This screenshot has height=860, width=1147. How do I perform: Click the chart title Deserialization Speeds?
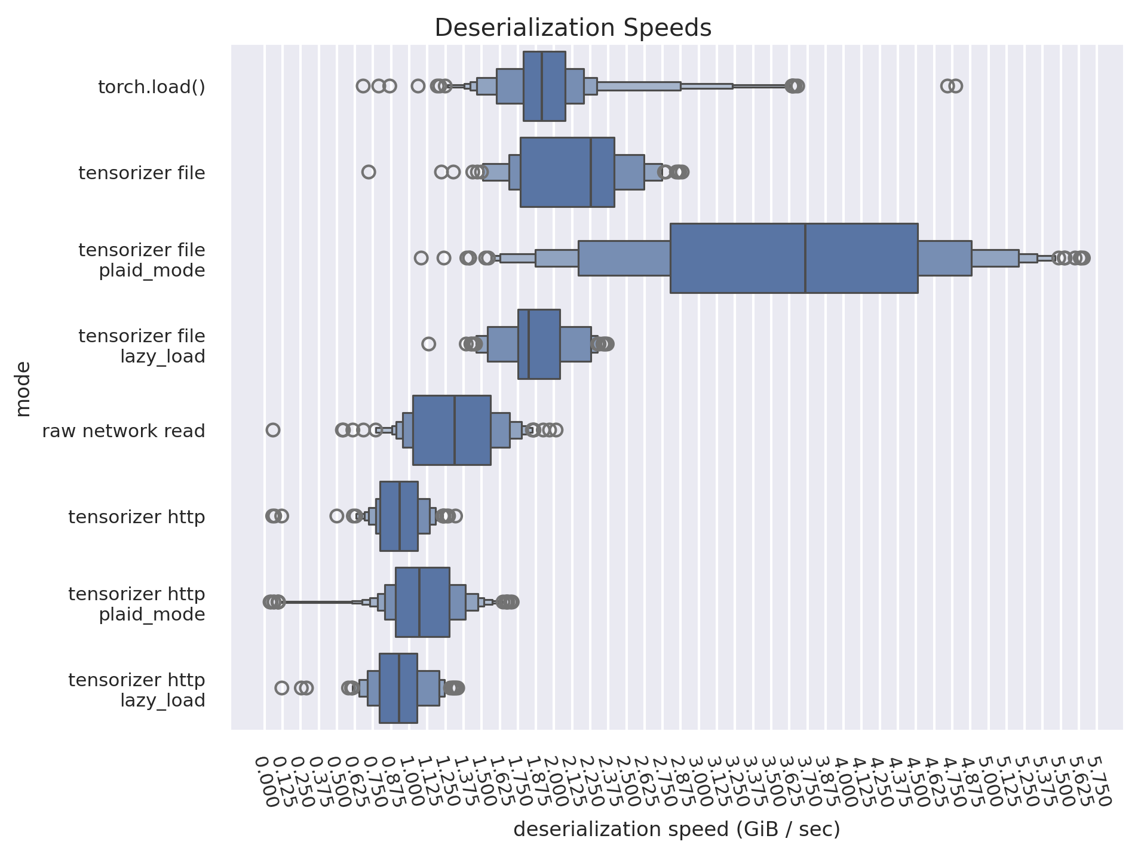pos(572,28)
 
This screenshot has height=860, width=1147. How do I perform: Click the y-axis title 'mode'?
pos(23,388)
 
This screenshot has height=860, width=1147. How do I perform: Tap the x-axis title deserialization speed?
pos(676,830)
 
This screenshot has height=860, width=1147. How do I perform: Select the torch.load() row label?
pos(151,87)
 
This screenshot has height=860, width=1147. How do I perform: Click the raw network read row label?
pos(123,431)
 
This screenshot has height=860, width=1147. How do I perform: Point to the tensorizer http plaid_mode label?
pos(137,604)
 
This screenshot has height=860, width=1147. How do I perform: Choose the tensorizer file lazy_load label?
pos(142,346)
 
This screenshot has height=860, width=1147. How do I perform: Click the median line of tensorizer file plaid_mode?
pos(805,258)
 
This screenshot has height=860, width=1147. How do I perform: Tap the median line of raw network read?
pos(455,430)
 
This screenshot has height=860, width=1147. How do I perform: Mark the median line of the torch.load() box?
pos(542,86)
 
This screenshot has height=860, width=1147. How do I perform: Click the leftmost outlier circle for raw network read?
pos(272,430)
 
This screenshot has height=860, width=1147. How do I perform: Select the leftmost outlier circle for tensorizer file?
pos(369,172)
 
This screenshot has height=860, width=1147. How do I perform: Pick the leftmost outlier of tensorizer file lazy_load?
pos(428,344)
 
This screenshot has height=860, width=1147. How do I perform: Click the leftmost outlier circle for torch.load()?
pos(363,86)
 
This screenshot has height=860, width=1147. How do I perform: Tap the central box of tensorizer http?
pos(398,516)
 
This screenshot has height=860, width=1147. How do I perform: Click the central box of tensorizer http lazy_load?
pos(398,688)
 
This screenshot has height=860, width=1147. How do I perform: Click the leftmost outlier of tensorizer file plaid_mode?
pos(421,258)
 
